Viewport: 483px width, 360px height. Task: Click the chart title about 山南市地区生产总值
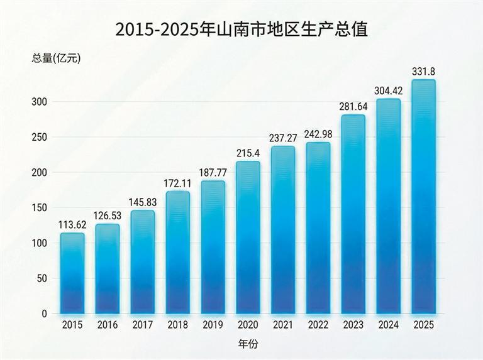241,29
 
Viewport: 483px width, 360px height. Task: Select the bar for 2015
72,273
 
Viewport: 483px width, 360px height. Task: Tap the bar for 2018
177,252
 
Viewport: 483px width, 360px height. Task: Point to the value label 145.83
143,203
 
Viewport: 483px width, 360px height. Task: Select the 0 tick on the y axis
44,314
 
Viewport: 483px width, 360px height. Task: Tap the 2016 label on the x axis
108,325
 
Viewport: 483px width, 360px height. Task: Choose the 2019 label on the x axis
213,325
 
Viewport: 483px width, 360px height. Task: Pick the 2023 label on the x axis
353,325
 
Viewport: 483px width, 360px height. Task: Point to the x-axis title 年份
248,344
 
